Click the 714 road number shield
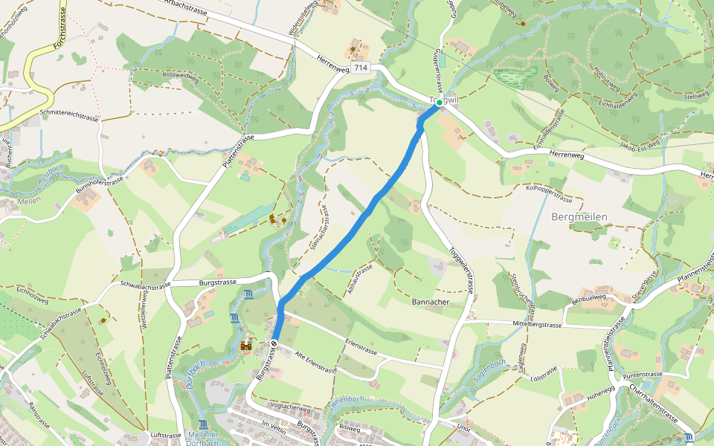(361, 68)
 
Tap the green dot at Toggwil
(439, 102)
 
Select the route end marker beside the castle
(274, 343)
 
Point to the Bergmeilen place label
(580, 217)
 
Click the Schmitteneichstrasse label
(70, 117)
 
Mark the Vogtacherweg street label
(290, 407)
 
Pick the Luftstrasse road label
(166, 435)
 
